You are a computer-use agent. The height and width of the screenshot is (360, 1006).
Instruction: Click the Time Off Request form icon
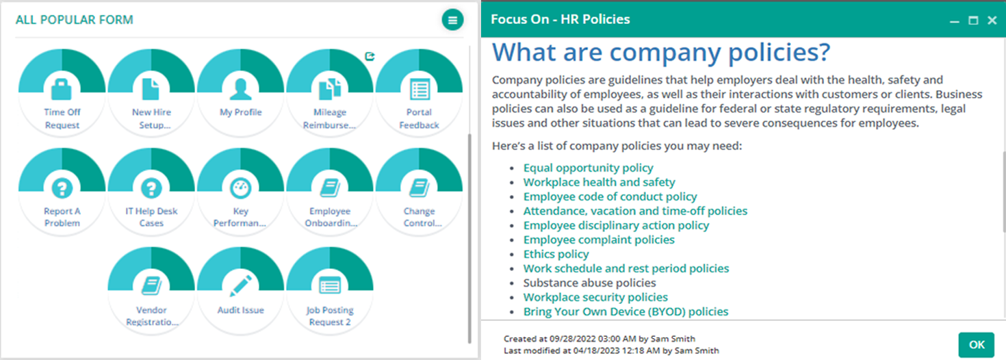62,89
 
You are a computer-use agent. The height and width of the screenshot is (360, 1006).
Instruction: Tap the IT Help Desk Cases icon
151,188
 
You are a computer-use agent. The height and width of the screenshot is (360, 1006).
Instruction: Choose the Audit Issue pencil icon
241,285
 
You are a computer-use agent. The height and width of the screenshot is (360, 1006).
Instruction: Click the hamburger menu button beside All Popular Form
452,20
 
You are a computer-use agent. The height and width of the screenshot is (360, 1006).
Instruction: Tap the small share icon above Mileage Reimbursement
370,56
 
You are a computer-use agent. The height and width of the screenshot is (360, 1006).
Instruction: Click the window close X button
992,21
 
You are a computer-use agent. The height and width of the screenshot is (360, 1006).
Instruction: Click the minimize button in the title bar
955,21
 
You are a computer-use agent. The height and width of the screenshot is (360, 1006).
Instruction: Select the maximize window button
973,21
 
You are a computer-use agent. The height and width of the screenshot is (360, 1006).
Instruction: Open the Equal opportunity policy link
588,168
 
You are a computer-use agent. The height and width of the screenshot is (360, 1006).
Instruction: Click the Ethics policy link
556,254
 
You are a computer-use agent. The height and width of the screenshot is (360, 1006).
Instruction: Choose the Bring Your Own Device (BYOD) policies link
625,311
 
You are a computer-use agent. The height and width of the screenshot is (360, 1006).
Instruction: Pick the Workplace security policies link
595,297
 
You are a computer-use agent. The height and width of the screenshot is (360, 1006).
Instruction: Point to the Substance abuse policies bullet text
590,283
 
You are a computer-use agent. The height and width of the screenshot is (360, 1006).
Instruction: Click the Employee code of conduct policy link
610,196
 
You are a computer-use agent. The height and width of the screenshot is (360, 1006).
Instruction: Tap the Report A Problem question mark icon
62,188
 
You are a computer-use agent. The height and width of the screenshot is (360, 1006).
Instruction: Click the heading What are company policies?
661,52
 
